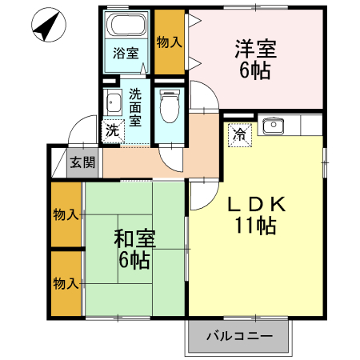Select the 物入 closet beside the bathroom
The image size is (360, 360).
[x=168, y=41]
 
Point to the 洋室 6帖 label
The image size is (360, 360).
[x=255, y=58]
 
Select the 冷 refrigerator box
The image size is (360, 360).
[x=239, y=134]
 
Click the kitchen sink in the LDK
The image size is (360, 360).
[x=274, y=125]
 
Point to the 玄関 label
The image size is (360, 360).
[x=82, y=162]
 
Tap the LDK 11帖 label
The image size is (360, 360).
[x=255, y=215]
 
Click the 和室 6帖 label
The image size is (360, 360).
[x=134, y=249]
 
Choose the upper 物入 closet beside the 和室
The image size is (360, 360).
[x=66, y=215]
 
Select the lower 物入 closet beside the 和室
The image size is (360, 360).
[x=66, y=283]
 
